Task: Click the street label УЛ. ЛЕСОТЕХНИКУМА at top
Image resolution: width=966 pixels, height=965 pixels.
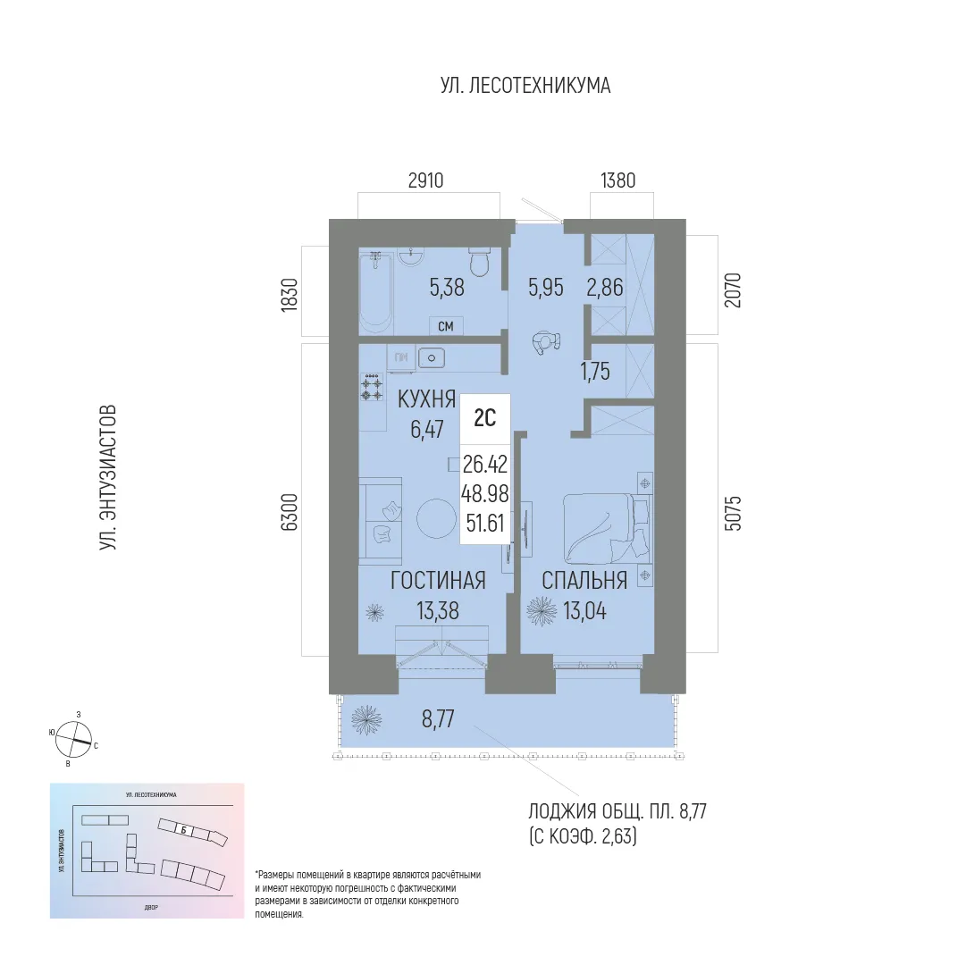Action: pos(525,86)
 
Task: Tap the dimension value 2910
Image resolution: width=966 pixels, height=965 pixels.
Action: pos(425,180)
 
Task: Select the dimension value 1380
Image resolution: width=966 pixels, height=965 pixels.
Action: pos(613,180)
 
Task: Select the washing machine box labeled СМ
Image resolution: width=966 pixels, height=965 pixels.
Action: pos(445,326)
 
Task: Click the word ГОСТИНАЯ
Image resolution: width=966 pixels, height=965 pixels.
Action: pos(438,581)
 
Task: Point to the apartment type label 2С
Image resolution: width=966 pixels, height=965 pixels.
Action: pos(485,417)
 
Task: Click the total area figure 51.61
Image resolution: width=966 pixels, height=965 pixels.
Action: pos(485,523)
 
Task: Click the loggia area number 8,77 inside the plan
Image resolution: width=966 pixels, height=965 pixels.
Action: pos(438,717)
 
